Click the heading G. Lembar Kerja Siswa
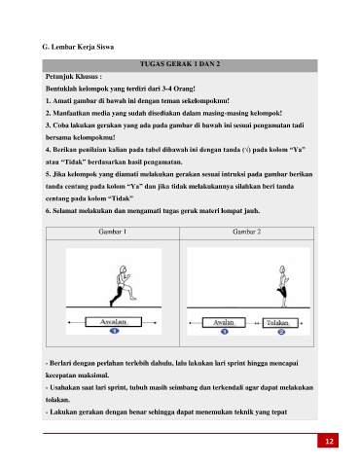pos(78,47)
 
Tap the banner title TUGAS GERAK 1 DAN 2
pos(180,64)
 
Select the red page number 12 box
pos(328,441)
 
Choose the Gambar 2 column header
pos(247,232)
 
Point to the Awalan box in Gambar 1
pos(113,322)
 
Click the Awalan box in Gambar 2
pos(224,322)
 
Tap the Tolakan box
pos(280,323)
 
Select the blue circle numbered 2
pos(281,332)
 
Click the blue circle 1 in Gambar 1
pos(114,331)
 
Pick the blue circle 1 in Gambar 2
pos(225,332)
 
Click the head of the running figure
pos(123,269)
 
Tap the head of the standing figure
pos(282,269)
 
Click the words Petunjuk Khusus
pos(72,77)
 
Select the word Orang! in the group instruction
pos(184,89)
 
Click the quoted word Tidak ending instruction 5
pos(121,198)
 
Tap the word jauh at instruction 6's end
pos(253,211)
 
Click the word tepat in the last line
pos(280,413)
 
